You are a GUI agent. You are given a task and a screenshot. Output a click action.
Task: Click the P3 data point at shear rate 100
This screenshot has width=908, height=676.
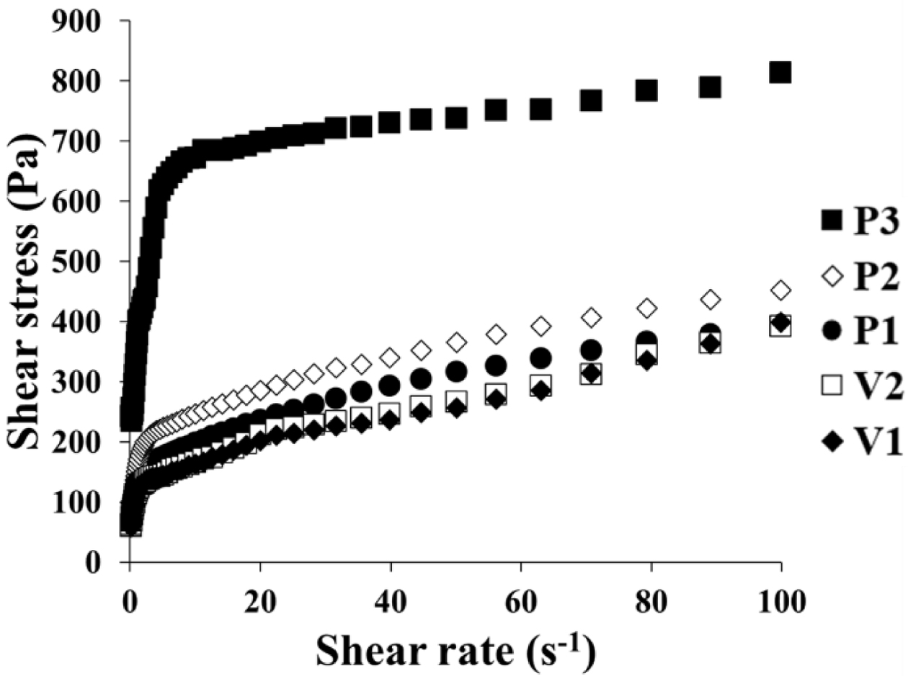click(x=780, y=72)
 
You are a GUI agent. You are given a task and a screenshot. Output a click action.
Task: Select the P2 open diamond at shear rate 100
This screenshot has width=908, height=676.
click(x=780, y=290)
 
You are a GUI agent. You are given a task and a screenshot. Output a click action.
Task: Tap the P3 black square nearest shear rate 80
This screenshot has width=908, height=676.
click(x=647, y=90)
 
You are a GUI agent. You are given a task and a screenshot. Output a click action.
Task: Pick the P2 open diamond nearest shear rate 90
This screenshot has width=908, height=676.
click(x=711, y=299)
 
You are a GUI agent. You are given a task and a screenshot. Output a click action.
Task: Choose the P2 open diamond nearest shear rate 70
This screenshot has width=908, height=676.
click(x=591, y=318)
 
